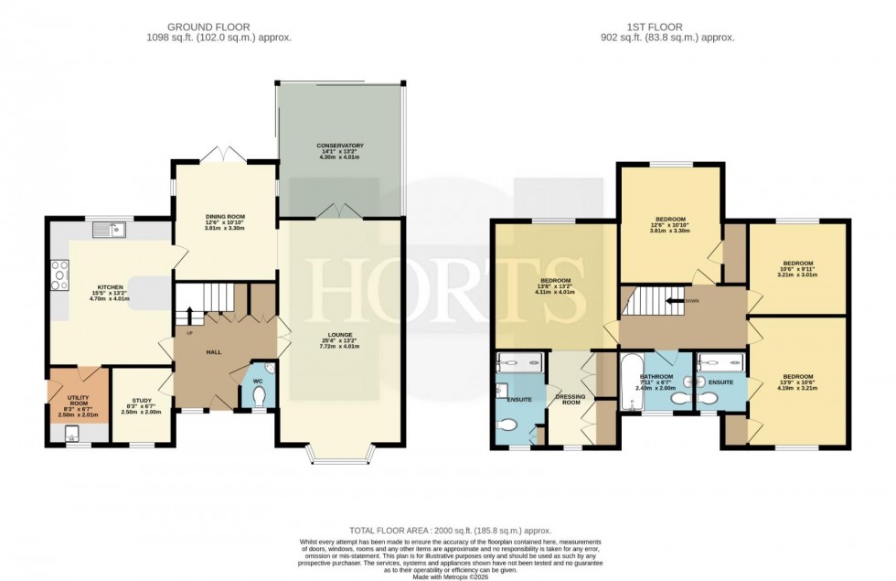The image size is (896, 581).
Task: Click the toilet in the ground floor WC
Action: point(259,394)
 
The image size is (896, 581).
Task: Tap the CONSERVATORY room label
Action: point(340,145)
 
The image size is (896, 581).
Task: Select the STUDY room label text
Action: point(141,400)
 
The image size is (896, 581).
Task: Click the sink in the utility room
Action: point(72,435)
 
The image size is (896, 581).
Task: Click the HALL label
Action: point(212,351)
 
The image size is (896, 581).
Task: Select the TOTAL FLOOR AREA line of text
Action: point(447,531)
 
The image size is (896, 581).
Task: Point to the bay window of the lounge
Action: point(340,450)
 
